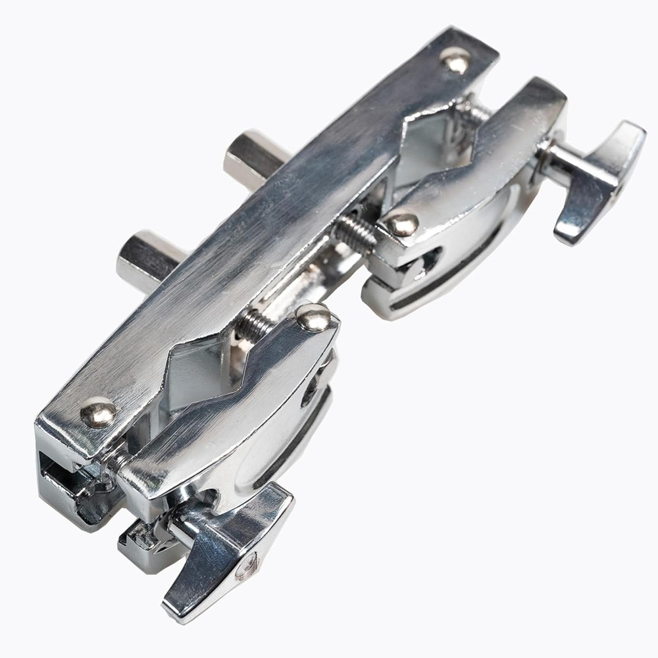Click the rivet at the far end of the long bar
455,61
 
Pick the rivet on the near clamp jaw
314,318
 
